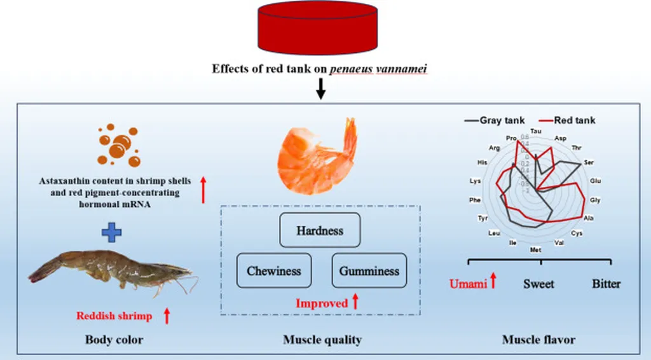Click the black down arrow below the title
[321, 90]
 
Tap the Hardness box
[320, 230]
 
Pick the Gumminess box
[369, 270]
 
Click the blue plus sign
[112, 233]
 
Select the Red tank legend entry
[567, 120]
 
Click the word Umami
[468, 283]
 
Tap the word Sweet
[538, 283]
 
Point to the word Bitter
[606, 283]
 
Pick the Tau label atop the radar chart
[536, 130]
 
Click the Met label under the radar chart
[536, 250]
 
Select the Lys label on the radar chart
[475, 181]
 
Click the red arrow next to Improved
[355, 302]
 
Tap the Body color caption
[114, 340]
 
